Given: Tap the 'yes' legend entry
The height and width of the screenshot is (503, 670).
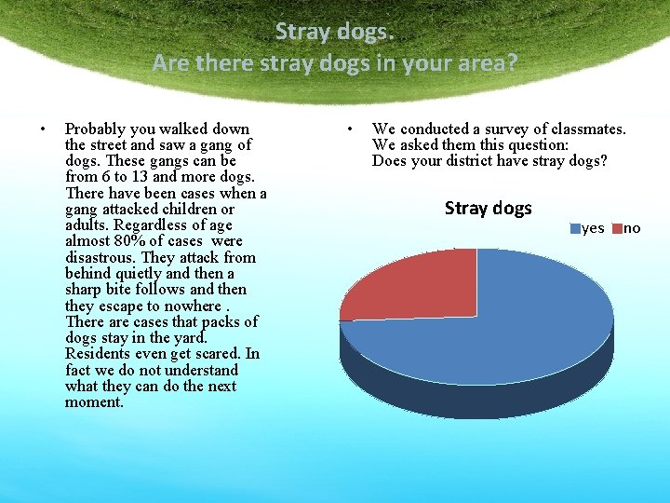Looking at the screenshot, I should [588, 228].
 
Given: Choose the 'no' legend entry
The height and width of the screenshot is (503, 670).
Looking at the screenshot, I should [627, 228].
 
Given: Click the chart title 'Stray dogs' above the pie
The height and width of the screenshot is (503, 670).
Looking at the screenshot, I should [488, 208].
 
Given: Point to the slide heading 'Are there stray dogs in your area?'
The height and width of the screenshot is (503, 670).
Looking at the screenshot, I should [335, 63].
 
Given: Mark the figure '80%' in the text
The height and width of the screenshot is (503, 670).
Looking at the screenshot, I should [129, 241].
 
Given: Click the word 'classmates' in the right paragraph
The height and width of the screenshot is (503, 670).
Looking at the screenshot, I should [585, 129].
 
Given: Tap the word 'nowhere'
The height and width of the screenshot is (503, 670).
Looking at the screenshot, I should [194, 306].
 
